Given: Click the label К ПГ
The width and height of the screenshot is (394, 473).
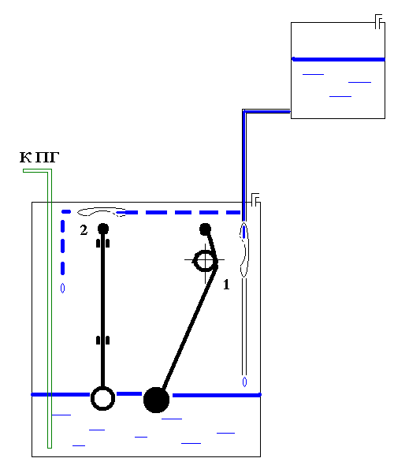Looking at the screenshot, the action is (39, 158).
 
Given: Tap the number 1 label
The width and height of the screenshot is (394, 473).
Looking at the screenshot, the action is (226, 285).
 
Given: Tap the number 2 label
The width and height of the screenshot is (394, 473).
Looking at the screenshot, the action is (84, 230).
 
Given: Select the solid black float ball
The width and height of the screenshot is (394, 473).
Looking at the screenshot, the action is (156, 400).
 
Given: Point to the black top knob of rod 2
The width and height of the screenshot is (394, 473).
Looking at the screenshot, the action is (103, 229).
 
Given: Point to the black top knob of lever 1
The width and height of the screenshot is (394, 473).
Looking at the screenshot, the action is (206, 229).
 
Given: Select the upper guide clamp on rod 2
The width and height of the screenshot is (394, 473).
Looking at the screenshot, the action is (102, 243).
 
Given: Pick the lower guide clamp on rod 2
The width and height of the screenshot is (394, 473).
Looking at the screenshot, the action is (102, 341).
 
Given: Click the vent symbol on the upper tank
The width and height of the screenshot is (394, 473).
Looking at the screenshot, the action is (379, 21).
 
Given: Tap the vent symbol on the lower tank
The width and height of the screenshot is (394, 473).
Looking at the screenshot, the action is (255, 200).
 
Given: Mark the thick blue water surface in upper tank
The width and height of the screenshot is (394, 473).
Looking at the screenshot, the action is (338, 59).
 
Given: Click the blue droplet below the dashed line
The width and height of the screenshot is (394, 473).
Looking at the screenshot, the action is (62, 289).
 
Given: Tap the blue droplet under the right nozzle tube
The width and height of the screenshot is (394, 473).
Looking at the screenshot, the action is (244, 382).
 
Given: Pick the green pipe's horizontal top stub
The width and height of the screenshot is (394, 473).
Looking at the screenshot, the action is (35, 171).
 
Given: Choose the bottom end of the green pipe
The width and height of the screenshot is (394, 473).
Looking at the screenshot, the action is (50, 448).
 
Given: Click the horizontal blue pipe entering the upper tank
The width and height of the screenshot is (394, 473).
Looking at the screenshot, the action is (267, 112).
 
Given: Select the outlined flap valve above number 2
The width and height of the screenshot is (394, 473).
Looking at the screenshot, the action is (102, 212).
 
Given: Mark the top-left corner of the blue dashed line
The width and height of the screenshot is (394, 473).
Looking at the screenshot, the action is (63, 212).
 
